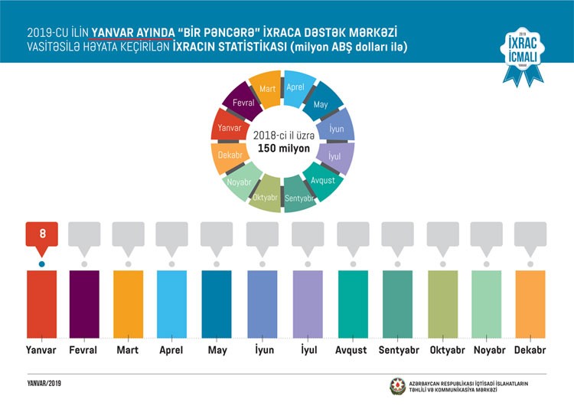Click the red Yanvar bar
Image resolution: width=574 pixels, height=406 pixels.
coord(41,304)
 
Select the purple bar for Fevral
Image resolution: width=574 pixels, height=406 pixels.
coord(84,304)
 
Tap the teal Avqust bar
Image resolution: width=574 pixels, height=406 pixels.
coord(353,304)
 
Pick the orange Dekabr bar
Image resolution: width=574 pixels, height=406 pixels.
coord(530,304)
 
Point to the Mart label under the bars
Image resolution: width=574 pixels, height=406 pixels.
coord(128,350)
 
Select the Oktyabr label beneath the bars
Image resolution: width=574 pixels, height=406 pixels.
coord(442,350)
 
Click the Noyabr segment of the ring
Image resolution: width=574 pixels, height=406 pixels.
coord(240,182)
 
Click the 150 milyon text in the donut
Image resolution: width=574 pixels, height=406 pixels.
coord(284,148)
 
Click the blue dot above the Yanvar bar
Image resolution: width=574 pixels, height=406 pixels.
coord(42,264)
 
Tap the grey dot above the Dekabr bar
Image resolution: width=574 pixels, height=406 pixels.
coord(530,264)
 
